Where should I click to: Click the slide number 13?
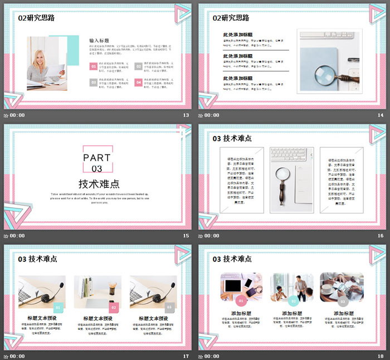point(186,115)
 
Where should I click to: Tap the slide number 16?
point(381,236)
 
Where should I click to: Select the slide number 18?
point(381,356)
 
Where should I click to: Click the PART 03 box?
point(97,159)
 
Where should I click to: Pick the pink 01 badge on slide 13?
point(93,66)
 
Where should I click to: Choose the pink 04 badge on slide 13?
point(139,82)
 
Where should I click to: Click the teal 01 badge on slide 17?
point(58,307)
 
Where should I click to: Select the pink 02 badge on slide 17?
point(114,307)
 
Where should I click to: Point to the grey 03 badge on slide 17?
point(170,307)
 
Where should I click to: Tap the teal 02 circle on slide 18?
point(292,301)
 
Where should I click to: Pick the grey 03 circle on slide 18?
point(343,301)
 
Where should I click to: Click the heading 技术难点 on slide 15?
point(99,184)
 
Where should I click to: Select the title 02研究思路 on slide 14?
point(231,18)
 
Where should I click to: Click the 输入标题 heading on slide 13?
point(99,40)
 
